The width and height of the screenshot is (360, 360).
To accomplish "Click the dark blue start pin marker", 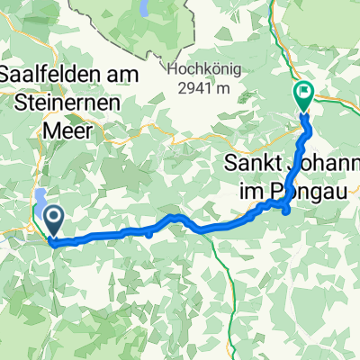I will pos(53,218).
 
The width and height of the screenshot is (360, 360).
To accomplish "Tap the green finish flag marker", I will pos(303,92).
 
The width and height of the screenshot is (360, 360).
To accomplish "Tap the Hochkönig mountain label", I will pos(195,68).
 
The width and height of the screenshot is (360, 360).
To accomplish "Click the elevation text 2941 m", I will pos(195,86).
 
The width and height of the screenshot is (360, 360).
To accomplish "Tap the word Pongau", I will pos(308,192).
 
